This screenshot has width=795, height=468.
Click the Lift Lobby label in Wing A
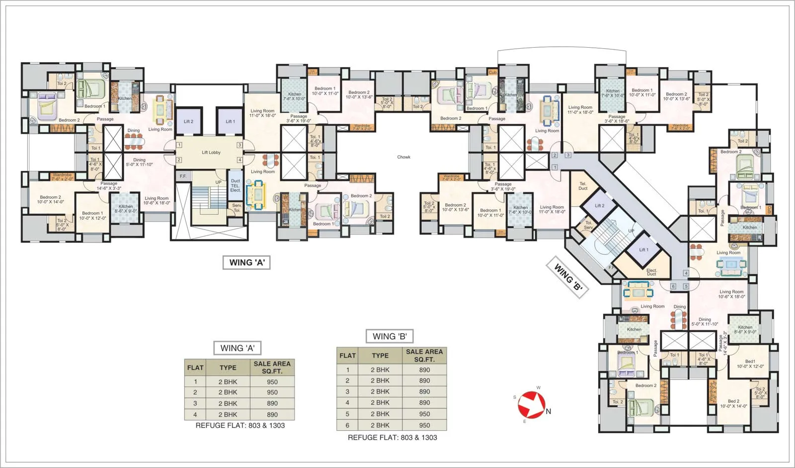[211, 153]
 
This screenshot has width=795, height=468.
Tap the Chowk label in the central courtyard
[403, 157]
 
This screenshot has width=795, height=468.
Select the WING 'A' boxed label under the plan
[246, 262]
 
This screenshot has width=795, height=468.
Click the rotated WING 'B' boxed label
[567, 277]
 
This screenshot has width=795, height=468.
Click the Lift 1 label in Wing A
[230, 121]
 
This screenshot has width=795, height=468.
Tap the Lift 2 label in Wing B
[600, 206]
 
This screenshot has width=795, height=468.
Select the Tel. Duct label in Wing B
[583, 186]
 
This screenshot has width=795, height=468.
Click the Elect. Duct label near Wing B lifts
[651, 272]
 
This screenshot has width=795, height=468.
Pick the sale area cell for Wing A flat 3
[272, 403]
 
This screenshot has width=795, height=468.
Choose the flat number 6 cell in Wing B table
[347, 425]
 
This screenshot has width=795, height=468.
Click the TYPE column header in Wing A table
[228, 368]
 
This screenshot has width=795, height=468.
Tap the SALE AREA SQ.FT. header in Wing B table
[424, 355]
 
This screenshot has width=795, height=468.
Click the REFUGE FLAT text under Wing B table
[392, 438]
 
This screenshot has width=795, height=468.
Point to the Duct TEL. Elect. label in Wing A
[236, 185]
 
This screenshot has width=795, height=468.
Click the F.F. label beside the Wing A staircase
[183, 176]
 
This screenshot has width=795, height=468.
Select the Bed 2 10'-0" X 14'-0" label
[733, 403]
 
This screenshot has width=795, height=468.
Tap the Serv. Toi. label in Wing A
[237, 208]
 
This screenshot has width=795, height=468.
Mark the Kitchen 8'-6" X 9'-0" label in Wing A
[126, 209]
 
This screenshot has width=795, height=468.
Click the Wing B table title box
[390, 336]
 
